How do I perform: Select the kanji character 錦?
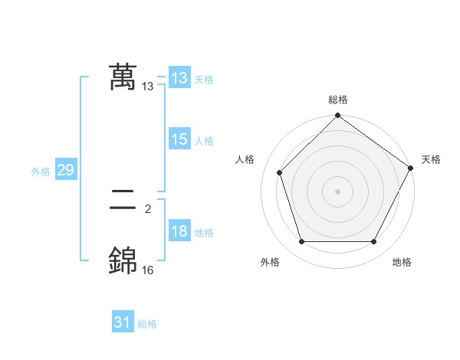(123, 260)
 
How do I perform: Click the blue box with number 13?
(179, 77)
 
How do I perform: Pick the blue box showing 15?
(179, 139)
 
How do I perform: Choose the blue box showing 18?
(179, 231)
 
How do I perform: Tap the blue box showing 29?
(65, 170)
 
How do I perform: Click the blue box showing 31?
(123, 322)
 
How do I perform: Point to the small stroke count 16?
(147, 270)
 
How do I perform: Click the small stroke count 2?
(147, 208)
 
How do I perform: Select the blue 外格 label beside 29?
(41, 172)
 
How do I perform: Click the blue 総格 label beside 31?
(147, 324)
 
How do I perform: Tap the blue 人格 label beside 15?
(204, 141)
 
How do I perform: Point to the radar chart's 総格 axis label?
(337, 100)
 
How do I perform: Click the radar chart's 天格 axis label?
(431, 159)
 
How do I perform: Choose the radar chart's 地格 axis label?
(402, 262)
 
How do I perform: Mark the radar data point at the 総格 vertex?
(337, 116)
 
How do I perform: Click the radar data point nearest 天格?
(411, 168)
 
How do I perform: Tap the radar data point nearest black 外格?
(301, 242)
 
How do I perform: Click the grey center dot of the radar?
(337, 191)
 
